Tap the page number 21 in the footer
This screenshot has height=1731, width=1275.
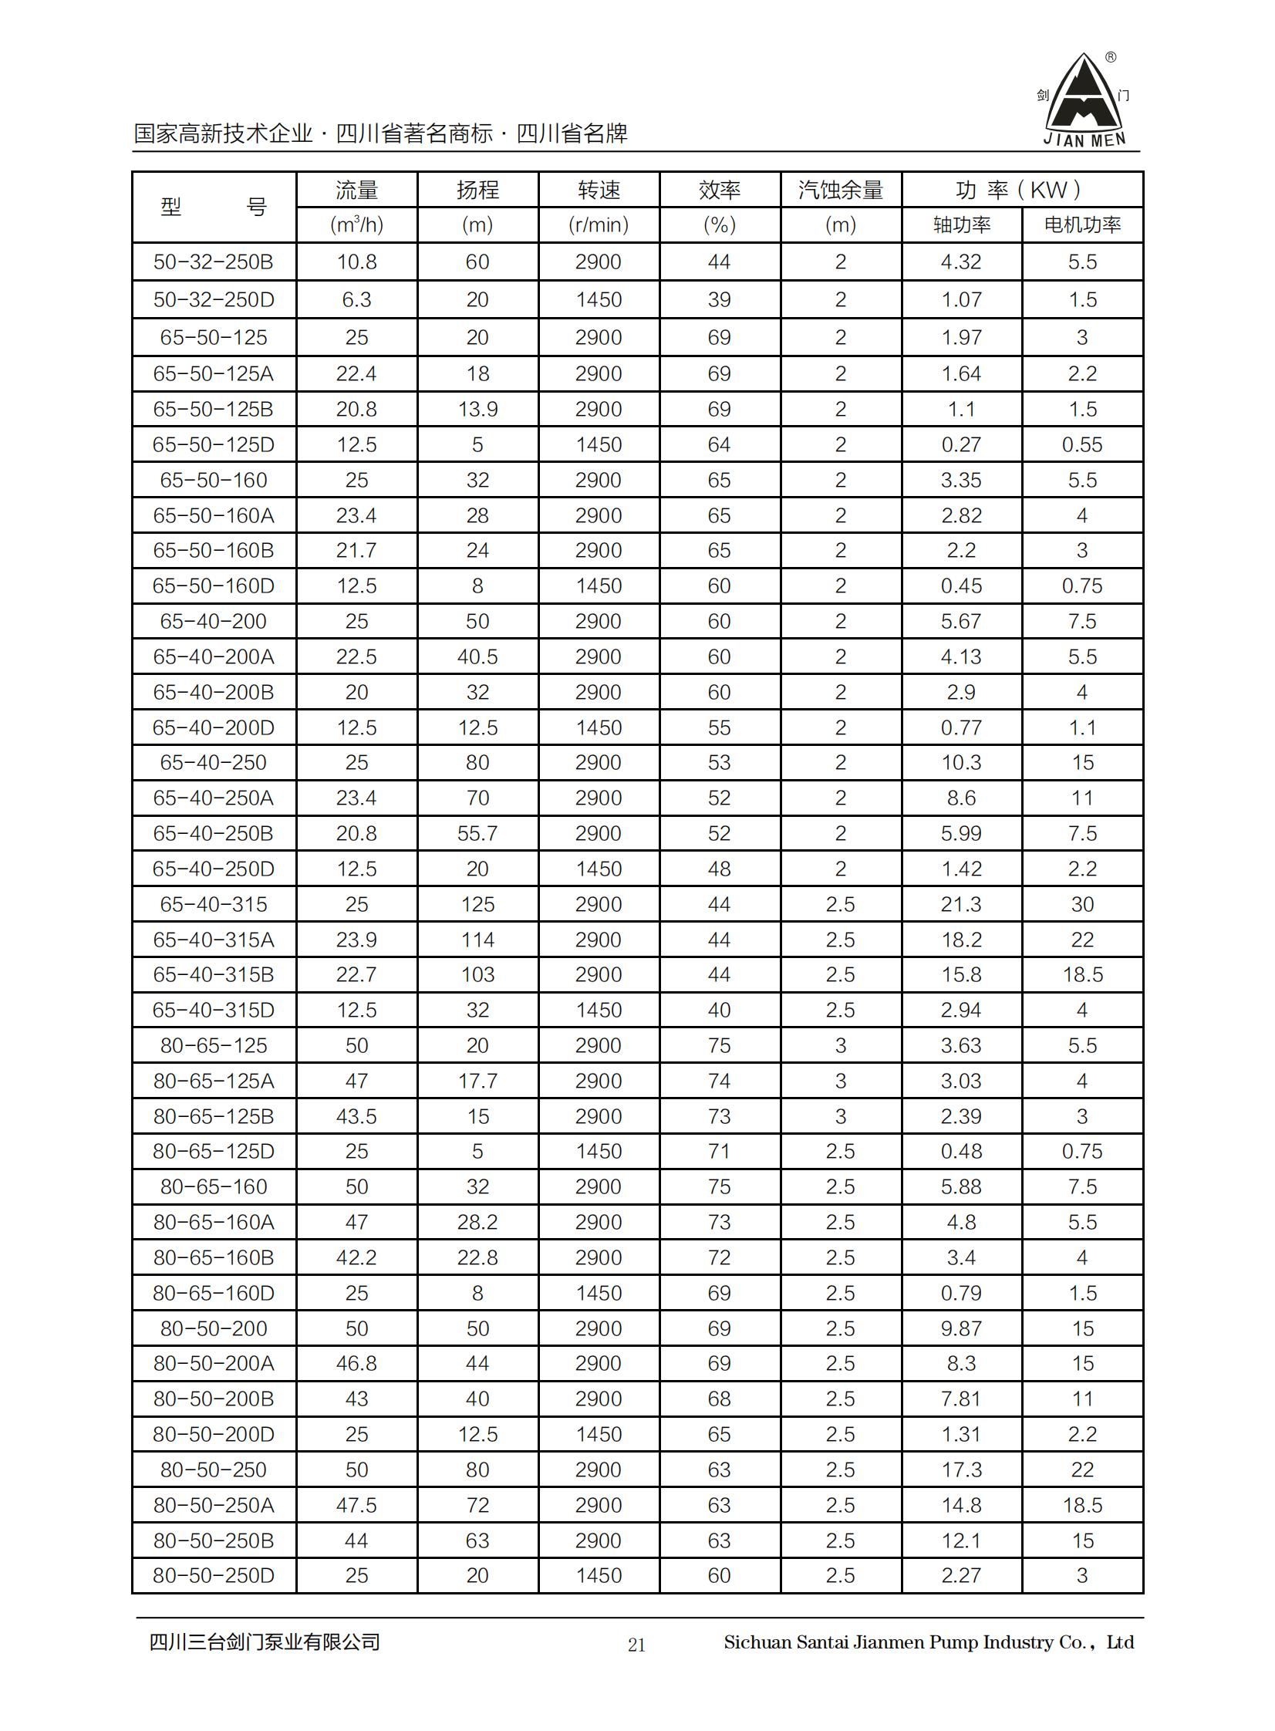(636, 1645)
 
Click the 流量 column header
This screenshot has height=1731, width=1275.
(356, 190)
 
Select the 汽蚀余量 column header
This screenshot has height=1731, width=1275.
(841, 190)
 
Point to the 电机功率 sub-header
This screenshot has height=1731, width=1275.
(1082, 225)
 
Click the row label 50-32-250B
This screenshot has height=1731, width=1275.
(214, 262)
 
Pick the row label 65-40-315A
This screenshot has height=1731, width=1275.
(214, 940)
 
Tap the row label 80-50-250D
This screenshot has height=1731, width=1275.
(214, 1575)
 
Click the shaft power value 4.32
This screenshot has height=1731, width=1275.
(961, 262)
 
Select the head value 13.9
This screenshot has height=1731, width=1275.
(477, 410)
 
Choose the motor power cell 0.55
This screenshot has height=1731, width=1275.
(1082, 445)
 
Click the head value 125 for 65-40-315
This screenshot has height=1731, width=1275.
(477, 905)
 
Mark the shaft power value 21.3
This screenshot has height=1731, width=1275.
(961, 905)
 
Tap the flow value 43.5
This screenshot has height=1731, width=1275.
(356, 1117)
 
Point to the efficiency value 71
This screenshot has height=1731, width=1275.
(720, 1152)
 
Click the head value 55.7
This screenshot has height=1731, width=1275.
(477, 833)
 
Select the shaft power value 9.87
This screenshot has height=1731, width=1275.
(961, 1329)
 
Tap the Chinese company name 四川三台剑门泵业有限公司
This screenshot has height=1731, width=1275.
(265, 1642)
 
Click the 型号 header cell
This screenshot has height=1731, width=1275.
(214, 208)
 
